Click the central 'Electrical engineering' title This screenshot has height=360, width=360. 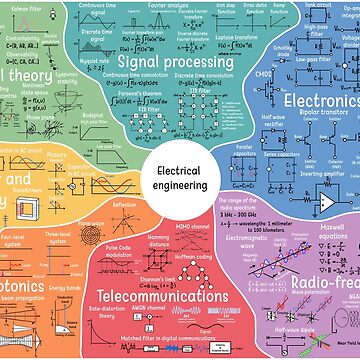(x=180, y=179)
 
